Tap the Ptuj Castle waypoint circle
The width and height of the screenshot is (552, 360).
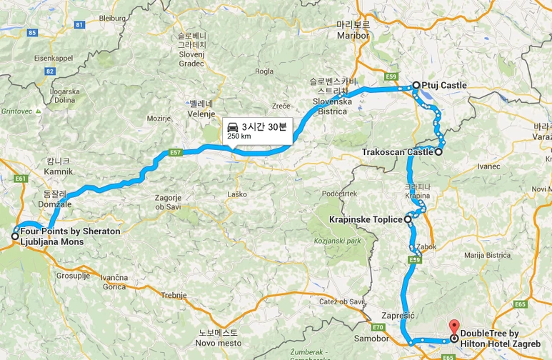[x=416, y=86]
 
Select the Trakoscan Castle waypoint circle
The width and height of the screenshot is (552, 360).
[x=438, y=151]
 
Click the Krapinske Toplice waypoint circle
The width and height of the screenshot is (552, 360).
[x=408, y=219]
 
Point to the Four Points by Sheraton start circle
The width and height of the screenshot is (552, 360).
[x=15, y=236]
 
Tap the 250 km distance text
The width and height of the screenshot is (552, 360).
[x=239, y=136]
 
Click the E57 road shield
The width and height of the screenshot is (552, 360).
[x=176, y=151]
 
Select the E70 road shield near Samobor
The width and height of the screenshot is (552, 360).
[x=378, y=327]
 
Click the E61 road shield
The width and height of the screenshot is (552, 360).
[x=19, y=178]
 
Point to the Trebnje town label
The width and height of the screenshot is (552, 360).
[x=174, y=295]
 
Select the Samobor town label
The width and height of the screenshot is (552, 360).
[x=368, y=337]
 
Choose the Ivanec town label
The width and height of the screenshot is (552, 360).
[x=489, y=166]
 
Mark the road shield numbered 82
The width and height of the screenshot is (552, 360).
[x=50, y=71]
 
